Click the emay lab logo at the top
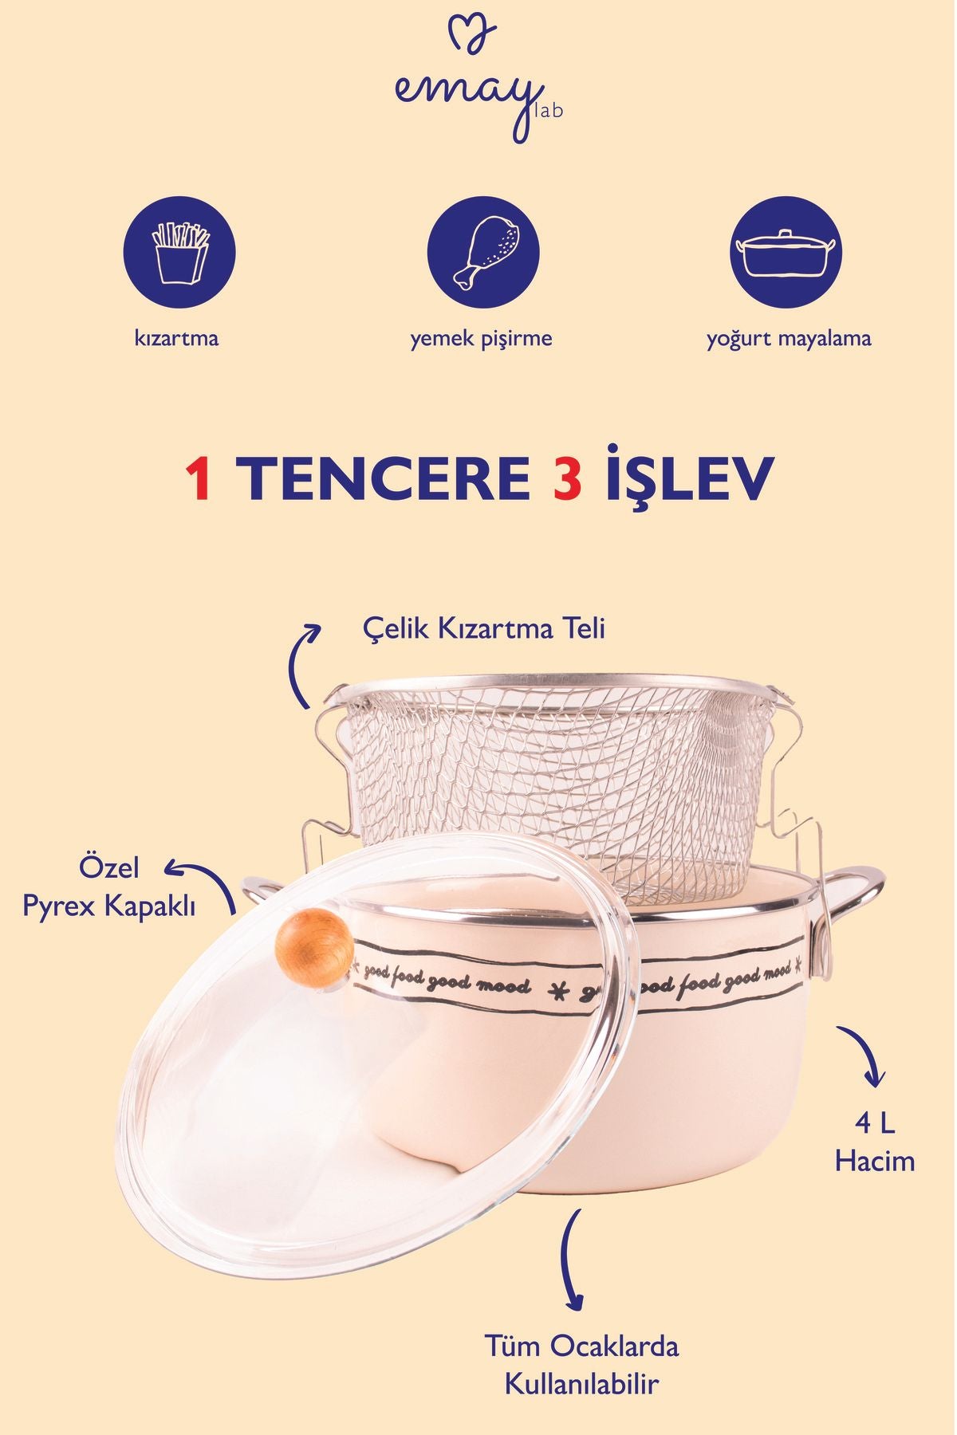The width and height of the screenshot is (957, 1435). (478, 80)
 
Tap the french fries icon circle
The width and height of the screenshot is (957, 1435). (179, 254)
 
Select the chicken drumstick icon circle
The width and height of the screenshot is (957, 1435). (483, 254)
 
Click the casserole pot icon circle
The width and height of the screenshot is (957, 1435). (786, 254)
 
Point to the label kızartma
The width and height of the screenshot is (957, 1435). (176, 338)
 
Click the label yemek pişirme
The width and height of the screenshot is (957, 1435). (481, 339)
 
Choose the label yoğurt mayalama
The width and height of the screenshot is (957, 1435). (788, 339)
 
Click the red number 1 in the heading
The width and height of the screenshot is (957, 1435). (199, 479)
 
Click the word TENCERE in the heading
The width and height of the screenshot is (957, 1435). (384, 479)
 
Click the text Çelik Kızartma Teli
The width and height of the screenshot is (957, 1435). (484, 629)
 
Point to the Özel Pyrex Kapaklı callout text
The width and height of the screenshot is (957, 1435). (109, 887)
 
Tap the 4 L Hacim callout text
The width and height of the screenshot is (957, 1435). (875, 1142)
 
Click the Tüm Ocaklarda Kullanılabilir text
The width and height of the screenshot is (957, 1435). (582, 1365)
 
